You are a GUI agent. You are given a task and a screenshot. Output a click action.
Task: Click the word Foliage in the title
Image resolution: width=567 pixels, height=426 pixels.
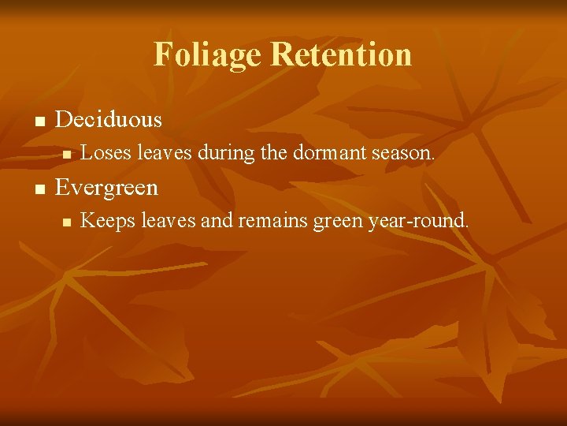click(208, 54)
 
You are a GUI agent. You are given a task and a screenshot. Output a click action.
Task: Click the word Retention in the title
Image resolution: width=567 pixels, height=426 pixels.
click(340, 54)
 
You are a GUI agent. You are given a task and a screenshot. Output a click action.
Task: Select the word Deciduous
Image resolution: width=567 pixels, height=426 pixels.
click(109, 120)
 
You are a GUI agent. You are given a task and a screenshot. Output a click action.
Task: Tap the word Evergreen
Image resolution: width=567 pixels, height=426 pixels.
click(107, 188)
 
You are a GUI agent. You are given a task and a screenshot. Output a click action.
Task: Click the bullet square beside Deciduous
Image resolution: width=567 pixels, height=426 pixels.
click(38, 121)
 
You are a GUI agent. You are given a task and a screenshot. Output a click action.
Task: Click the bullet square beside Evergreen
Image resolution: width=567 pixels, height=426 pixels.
click(38, 189)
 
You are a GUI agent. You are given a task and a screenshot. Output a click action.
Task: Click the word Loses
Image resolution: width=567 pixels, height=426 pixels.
click(106, 153)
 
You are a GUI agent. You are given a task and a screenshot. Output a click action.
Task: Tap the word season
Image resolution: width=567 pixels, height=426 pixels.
click(403, 153)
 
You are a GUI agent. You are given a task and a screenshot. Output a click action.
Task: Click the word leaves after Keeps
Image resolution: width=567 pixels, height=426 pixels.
click(167, 221)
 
